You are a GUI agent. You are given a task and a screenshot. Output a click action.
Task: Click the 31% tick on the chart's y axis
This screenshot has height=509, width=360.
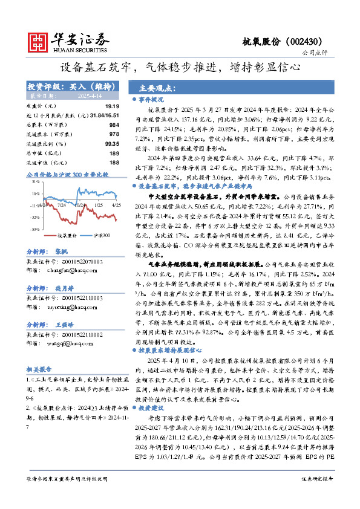pyautogui.click(x=36, y=181)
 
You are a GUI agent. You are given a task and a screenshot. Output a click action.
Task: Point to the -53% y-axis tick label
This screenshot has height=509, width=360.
pyautogui.click(x=34, y=230)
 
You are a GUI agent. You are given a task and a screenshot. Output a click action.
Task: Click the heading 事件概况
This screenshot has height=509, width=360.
pyautogui.click(x=151, y=99)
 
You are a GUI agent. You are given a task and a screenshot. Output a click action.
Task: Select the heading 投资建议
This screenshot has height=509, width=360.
pyautogui.click(x=151, y=425)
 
